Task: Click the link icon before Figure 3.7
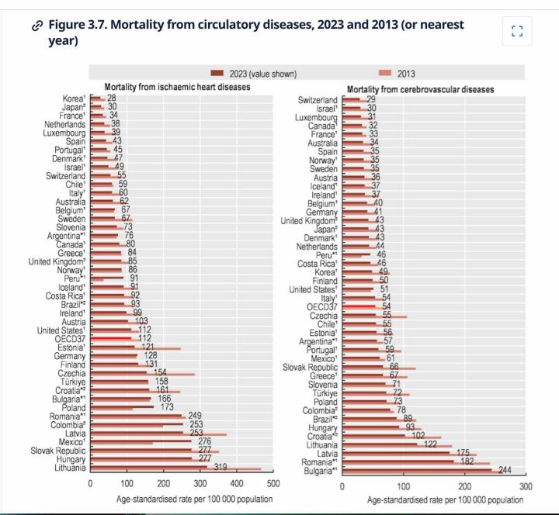point(36,25)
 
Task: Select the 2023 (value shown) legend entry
point(256,74)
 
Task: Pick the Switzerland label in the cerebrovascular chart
point(318,100)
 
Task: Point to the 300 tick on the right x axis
point(526,486)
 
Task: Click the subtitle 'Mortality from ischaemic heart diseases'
point(179,88)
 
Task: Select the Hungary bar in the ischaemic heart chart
point(148,459)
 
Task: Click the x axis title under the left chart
point(183,498)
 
